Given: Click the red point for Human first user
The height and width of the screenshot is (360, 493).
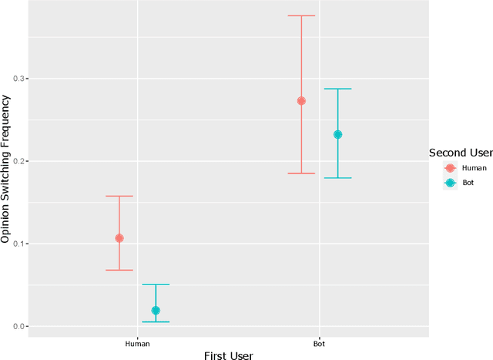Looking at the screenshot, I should click(x=119, y=238).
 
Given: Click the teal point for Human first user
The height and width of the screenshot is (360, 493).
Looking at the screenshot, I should click(x=156, y=311).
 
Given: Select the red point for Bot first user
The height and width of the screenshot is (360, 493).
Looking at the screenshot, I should click(x=301, y=101).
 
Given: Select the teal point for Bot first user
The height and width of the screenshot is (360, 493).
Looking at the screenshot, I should click(x=337, y=134).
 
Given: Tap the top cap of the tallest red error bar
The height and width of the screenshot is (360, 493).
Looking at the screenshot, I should click(x=301, y=15).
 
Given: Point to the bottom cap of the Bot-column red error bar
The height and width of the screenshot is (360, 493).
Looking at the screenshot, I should click(x=301, y=173).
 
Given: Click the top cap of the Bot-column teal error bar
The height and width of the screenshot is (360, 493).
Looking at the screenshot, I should click(x=337, y=89).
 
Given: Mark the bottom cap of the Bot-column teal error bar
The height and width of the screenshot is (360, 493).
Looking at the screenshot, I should click(x=337, y=178).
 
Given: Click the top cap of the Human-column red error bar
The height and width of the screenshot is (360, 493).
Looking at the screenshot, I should click(x=119, y=196).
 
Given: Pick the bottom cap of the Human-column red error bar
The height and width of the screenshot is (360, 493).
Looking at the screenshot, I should click(x=119, y=270).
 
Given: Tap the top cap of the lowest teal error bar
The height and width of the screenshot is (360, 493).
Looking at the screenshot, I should click(x=156, y=284).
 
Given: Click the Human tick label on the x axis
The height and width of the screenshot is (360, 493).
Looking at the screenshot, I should click(x=138, y=343).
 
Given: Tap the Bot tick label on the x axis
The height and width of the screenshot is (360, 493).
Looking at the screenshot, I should click(x=319, y=343).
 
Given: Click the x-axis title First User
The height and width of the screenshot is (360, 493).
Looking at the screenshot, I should click(x=228, y=355).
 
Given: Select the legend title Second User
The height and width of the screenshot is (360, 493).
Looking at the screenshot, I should click(x=461, y=153).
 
